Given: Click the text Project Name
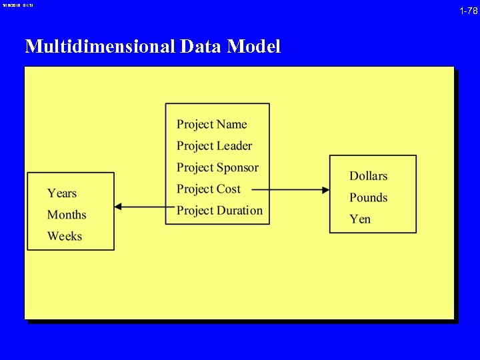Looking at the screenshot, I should click(x=211, y=125).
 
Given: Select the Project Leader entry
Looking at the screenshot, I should click(x=214, y=146).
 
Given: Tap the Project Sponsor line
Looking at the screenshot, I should click(x=217, y=167).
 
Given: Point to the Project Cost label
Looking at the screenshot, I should click(x=208, y=189).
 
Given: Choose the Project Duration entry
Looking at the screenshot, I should click(x=219, y=211).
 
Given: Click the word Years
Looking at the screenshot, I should click(x=62, y=193).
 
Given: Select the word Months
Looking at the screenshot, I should click(x=67, y=215).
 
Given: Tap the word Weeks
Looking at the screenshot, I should click(x=65, y=236).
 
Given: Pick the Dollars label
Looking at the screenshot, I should click(x=368, y=176).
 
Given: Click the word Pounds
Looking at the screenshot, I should click(x=368, y=197).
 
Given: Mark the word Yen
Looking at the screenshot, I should click(x=360, y=219).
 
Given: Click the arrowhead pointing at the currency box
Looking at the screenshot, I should click(x=325, y=190).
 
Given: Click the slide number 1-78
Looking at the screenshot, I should click(x=468, y=11).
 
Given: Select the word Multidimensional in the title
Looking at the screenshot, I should click(x=99, y=47).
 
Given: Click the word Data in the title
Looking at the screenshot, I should click(x=201, y=47).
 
